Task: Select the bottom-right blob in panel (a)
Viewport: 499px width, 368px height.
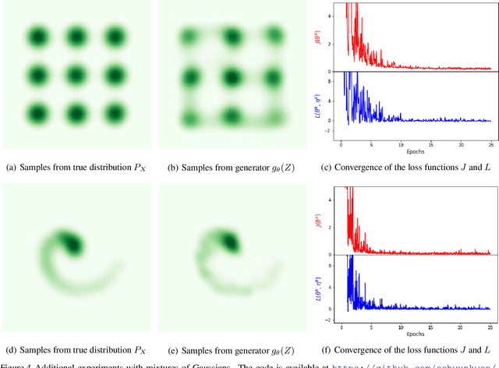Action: [x=115, y=115]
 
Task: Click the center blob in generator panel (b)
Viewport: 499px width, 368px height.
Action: [x=231, y=77]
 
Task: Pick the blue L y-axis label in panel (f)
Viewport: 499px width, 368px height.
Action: [x=319, y=285]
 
